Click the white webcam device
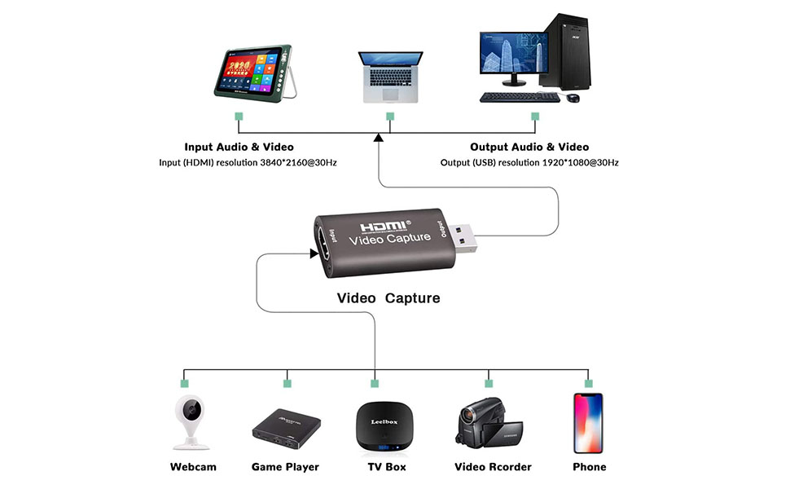[192, 421]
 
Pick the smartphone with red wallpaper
[588, 423]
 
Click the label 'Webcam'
[193, 467]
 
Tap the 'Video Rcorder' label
[493, 467]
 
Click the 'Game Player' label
[285, 467]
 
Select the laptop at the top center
[391, 77]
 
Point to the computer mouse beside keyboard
[573, 99]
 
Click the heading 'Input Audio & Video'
[239, 148]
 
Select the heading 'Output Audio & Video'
[529, 148]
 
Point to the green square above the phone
[587, 382]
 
